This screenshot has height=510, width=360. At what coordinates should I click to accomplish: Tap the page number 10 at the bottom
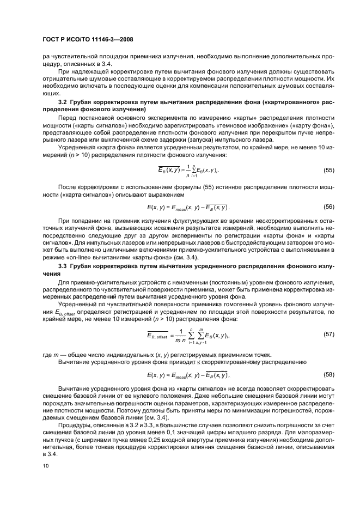point(46,465)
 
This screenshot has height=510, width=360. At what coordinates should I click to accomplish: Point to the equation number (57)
point(328,332)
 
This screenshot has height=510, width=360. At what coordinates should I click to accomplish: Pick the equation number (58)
point(328,375)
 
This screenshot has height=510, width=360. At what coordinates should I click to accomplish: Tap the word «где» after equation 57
point(47,354)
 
